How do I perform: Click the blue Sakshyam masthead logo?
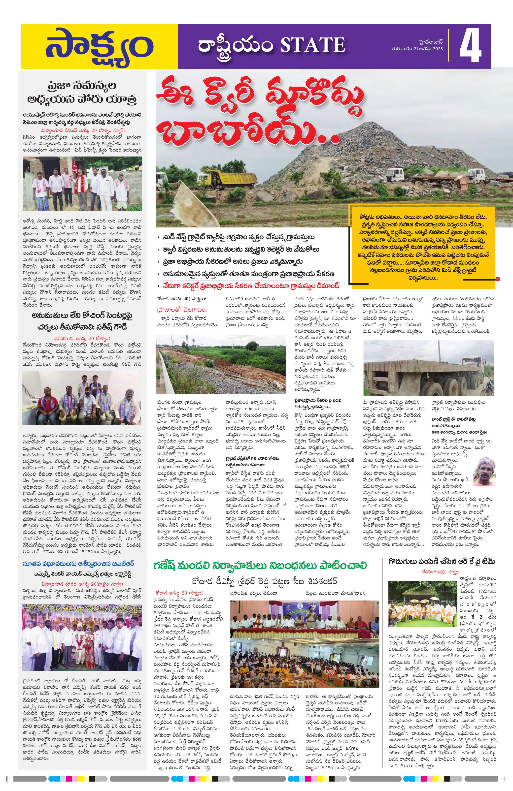pos(99,47)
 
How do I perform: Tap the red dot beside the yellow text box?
pos(497,279)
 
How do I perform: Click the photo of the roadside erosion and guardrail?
pos(220,365)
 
